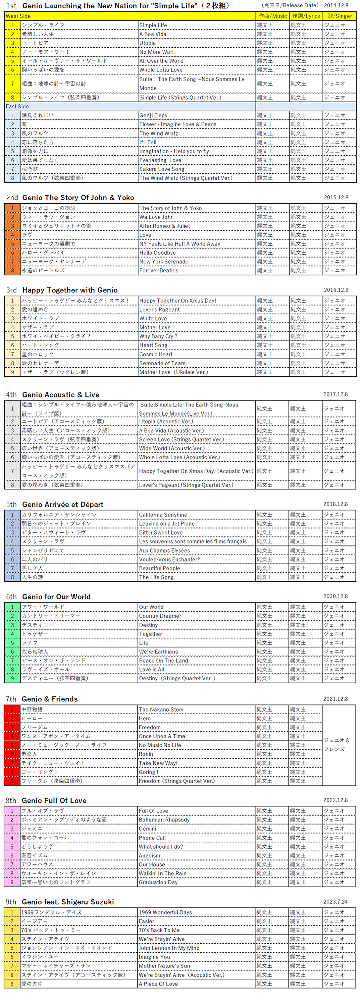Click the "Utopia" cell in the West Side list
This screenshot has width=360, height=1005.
point(148,43)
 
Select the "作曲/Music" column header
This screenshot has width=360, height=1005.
point(273,16)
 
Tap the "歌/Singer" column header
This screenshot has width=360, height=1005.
point(339,16)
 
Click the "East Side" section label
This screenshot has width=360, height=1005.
point(17,107)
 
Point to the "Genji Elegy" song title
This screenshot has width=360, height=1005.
point(153,115)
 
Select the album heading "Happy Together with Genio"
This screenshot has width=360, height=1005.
point(70,290)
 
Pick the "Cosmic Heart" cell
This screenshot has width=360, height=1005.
point(156,354)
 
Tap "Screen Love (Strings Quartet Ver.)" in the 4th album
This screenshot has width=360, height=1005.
point(182,439)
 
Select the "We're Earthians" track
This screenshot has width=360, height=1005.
point(158,651)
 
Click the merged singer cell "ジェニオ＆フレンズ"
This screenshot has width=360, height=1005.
point(337,744)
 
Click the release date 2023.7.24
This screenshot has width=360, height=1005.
point(335,902)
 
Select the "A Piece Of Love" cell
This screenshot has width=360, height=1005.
point(158,984)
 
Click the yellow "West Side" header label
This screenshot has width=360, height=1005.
point(18,16)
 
